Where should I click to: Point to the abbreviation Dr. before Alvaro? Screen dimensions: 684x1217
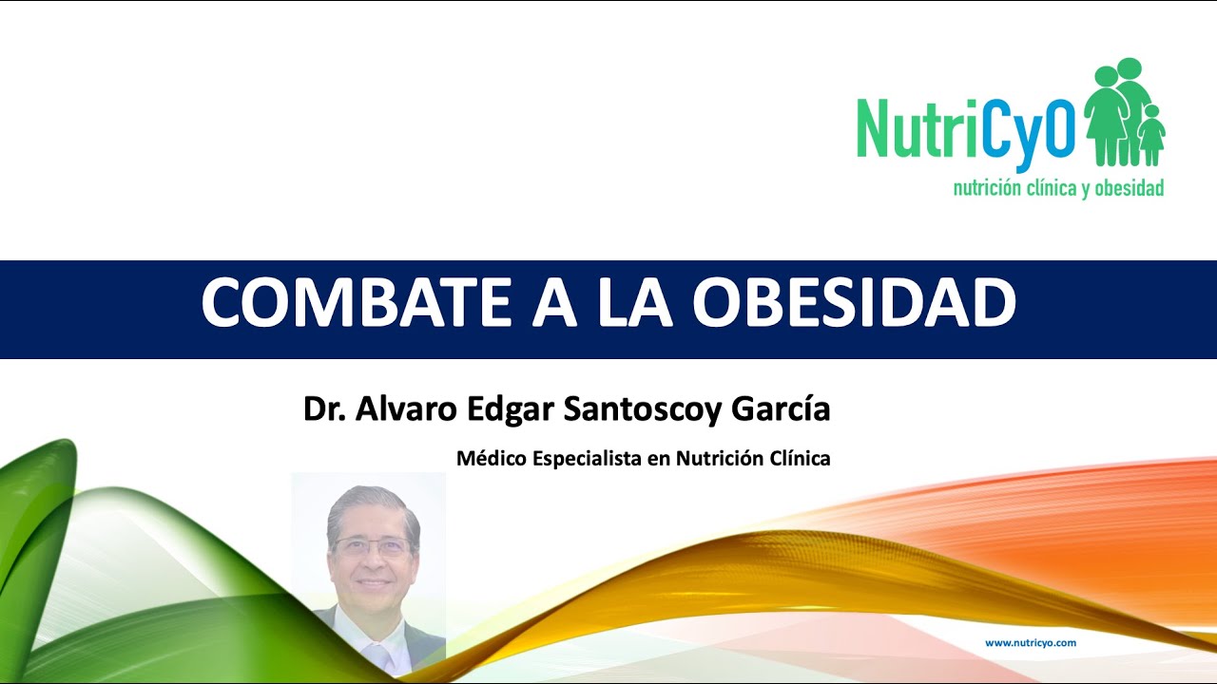click(324, 409)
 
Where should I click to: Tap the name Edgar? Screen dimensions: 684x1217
click(510, 409)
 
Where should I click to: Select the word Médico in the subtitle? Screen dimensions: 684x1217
click(491, 459)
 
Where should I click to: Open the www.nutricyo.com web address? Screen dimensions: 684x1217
click(1031, 643)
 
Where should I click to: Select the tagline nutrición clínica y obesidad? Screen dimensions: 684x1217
click(1058, 188)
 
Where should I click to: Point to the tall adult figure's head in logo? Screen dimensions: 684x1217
click(1129, 70)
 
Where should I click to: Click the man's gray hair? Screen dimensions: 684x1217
click(371, 503)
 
